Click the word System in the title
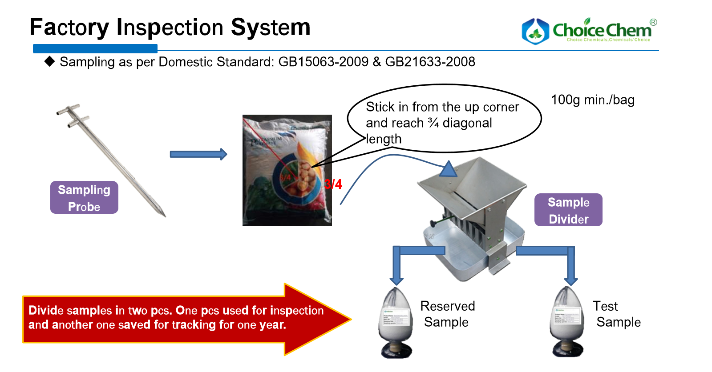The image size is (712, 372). pos(271,28)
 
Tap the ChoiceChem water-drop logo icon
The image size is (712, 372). pos(535,31)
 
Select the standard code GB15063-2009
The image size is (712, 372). pos(324,62)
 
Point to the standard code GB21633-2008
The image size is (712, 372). pos(430,62)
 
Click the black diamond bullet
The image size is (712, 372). pos(49,61)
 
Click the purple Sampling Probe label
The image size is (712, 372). pos(84,198)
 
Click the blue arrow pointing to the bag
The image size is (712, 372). pos(198,154)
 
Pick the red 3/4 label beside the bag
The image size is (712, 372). pos(333,184)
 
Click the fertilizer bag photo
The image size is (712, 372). pos(287,170)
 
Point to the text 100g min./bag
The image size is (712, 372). pos(592,100)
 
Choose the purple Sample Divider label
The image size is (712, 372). pos(568,210)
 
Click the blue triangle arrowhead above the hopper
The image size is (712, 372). pos(448,169)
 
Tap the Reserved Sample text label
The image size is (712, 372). pos(447,314)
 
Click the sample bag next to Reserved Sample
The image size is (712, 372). pos(396,322)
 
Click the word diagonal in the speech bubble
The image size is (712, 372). pos(467,123)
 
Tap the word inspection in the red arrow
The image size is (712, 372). pos(297,311)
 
